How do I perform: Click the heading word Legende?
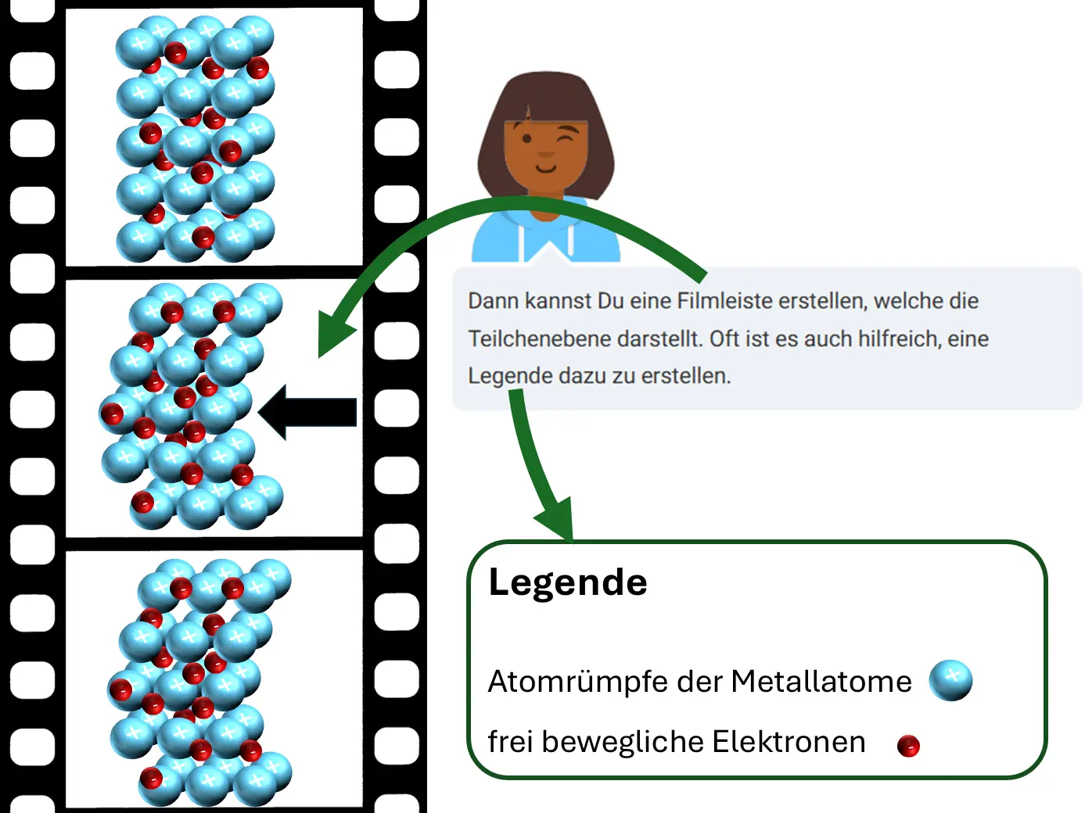pos(568,582)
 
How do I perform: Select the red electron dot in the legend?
pos(908,746)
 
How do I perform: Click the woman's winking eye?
pos(569,138)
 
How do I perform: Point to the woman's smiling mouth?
pos(546,167)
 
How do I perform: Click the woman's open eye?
pos(526,140)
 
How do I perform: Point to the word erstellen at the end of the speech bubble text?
pos(687,376)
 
